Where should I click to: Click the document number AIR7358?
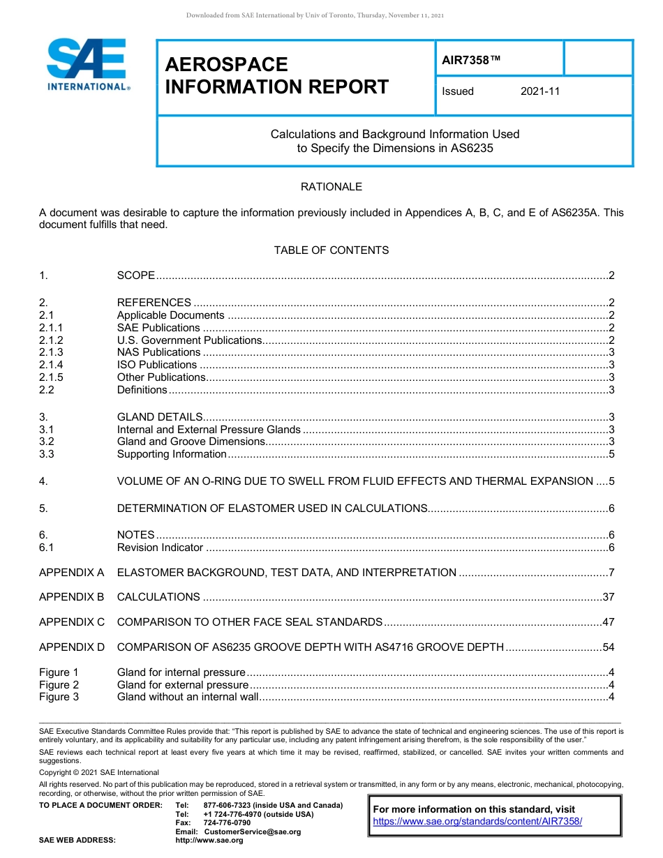(471, 60)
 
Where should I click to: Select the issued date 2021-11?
(539, 91)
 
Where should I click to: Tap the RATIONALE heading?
(331, 187)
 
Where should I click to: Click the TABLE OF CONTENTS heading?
(331, 250)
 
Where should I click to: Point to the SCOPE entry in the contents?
(136, 276)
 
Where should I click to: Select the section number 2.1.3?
(51, 352)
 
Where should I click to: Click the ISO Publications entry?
(157, 365)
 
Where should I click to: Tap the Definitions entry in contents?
(142, 390)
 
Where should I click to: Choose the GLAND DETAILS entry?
(160, 417)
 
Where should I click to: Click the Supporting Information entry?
(172, 454)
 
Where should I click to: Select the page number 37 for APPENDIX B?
(608, 597)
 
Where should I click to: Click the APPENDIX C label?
(72, 622)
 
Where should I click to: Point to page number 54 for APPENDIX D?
(608, 647)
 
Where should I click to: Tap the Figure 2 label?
(59, 685)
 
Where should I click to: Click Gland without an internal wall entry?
(188, 697)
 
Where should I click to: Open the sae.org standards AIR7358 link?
(477, 822)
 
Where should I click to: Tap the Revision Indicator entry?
(160, 548)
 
